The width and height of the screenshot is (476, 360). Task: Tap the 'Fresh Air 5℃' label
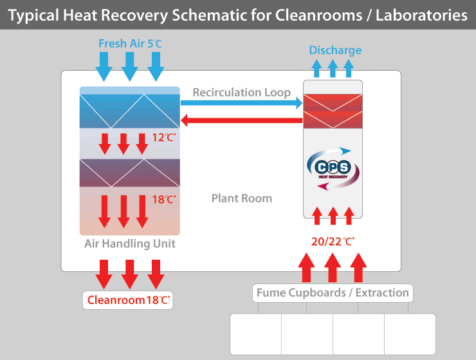click(x=130, y=44)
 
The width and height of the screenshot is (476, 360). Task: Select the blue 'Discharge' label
click(x=335, y=50)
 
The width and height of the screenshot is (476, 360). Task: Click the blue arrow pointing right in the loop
click(x=242, y=103)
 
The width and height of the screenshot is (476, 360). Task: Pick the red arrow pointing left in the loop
click(x=242, y=120)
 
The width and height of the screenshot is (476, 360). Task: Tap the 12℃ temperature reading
click(x=163, y=137)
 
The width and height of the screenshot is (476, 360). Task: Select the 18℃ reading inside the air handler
click(x=163, y=200)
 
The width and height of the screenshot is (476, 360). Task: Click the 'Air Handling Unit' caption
click(x=130, y=244)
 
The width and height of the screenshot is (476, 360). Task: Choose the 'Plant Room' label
click(x=242, y=198)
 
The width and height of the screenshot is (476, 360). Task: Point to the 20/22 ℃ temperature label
click(x=332, y=242)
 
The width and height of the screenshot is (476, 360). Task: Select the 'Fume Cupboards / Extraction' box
click(x=333, y=293)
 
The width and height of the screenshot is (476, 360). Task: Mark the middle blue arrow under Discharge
click(x=333, y=68)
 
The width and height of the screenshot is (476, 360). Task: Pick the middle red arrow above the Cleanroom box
click(x=130, y=275)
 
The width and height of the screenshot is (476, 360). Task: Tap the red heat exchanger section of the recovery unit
click(x=333, y=111)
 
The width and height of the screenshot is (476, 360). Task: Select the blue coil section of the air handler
click(x=130, y=111)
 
